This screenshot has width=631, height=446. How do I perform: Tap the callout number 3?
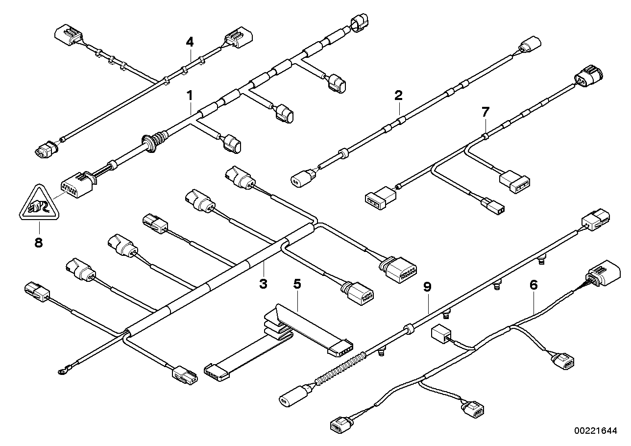263,283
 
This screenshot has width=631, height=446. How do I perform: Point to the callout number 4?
190,42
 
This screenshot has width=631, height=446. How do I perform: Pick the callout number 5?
296,283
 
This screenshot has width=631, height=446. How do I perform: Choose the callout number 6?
534,285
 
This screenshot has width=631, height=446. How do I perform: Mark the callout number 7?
485,112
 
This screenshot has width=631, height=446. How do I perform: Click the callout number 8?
39,243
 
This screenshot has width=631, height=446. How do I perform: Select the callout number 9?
427,286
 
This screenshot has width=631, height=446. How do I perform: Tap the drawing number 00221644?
596,431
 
